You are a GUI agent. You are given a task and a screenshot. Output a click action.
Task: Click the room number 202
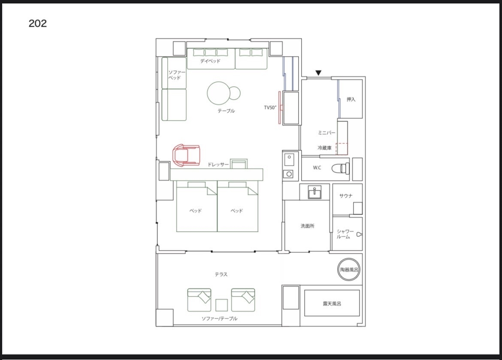coord(37,23)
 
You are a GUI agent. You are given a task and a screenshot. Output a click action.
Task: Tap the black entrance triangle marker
coord(318,73)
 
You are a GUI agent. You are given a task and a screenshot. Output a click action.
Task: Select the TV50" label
coord(270,108)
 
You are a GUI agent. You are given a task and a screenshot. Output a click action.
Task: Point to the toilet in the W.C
coord(340,168)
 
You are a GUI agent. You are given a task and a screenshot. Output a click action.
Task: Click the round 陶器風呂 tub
coord(349,270)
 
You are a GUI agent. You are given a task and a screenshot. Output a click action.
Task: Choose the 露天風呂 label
coord(332,303)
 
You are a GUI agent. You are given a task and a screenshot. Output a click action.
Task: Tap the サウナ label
coord(346,196)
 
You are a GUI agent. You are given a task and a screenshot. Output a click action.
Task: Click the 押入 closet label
coord(351,100)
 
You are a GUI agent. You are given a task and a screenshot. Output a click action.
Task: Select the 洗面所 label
coord(307,226)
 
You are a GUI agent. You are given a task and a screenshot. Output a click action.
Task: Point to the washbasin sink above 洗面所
coord(315,192)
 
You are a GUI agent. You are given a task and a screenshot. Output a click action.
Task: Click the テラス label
coord(221,275)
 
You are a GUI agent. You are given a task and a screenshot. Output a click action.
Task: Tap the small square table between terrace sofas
coord(221,305)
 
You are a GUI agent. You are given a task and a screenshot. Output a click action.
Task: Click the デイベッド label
coord(210,61)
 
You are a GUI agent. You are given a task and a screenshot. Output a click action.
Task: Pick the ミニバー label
coord(327,133)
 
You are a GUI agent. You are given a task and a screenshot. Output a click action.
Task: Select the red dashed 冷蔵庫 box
coord(342,149)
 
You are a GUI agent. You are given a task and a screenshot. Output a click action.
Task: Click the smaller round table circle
coord(235,93)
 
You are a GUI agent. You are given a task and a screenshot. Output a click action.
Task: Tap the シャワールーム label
coord(345,234)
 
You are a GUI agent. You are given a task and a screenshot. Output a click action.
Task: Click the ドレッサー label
coord(218,165)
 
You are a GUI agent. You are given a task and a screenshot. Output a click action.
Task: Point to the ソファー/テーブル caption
coord(219,319)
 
